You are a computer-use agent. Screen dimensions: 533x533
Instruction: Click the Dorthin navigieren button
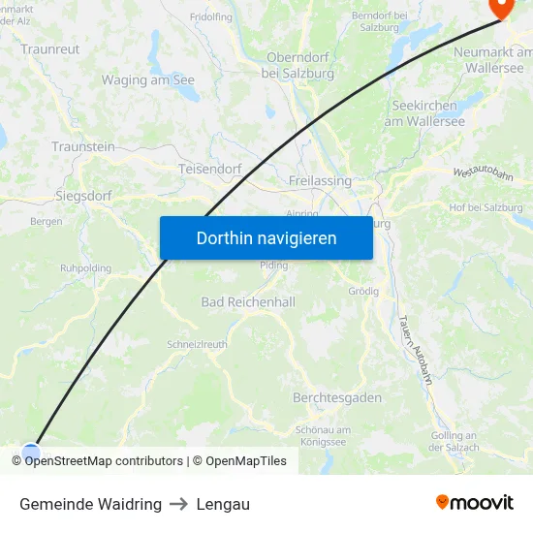(266, 237)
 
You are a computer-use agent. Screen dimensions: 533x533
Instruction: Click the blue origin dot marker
(31, 451)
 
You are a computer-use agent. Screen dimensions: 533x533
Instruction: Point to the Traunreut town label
(50, 48)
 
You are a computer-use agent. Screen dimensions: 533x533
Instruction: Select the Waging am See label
(148, 80)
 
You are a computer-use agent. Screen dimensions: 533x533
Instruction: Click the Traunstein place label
(83, 146)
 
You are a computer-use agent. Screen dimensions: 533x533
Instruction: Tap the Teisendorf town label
(210, 169)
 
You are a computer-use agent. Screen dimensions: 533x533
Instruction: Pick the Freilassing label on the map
(320, 181)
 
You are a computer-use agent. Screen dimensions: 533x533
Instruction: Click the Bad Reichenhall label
(248, 302)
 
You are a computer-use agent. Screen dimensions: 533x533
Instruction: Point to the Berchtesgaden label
(337, 398)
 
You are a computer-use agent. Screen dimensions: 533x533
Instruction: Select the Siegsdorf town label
(83, 196)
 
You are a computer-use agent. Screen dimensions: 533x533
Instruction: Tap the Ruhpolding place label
(86, 267)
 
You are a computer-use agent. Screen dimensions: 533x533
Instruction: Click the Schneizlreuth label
(198, 344)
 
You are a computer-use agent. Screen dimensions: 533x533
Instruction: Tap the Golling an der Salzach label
(455, 441)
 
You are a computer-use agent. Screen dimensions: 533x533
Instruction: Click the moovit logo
(475, 503)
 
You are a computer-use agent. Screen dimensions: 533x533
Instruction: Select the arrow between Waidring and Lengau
(179, 504)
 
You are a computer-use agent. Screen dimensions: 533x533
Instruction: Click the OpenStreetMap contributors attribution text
(104, 461)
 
